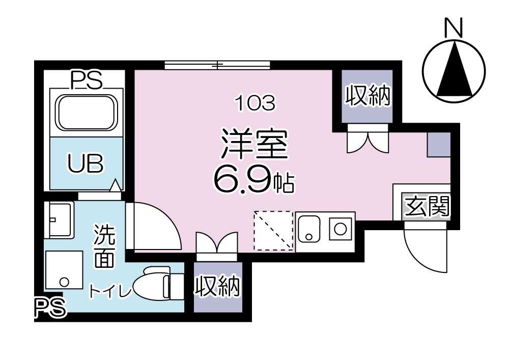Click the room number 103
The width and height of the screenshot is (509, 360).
tap(254, 104)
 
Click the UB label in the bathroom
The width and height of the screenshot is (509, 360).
tap(86, 164)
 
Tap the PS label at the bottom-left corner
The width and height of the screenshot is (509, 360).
tap(50, 308)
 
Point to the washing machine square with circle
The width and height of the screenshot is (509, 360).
tap(63, 270)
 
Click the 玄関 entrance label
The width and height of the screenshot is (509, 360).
tap(427, 207)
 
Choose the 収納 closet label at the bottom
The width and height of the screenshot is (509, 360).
tap(217, 287)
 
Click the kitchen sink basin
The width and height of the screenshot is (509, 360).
tap(309, 230)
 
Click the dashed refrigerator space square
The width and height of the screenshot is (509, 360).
tap(274, 231)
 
